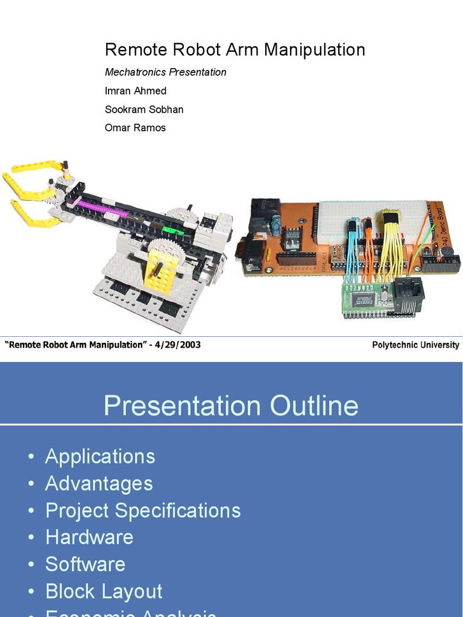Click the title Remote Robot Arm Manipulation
point(235,49)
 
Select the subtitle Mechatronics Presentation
point(166,72)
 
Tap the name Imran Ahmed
point(136,91)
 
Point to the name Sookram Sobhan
point(144,110)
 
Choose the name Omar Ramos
point(135,128)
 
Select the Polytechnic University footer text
point(415,345)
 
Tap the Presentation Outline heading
point(231,406)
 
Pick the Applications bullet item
point(100,457)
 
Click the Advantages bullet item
point(99,483)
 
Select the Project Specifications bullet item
point(143,510)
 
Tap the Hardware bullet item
point(89,537)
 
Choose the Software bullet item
point(85,564)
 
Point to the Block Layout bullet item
point(104,591)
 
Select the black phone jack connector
point(408,295)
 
